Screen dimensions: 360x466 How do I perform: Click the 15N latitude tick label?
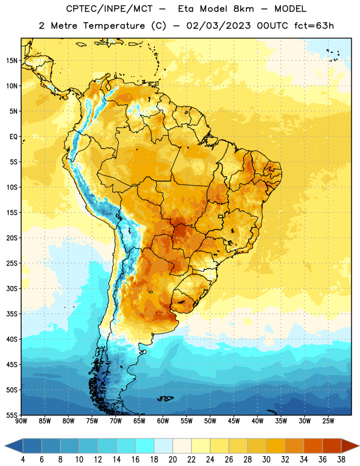pyautogui.click(x=12, y=61)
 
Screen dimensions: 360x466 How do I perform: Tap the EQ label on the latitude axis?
pyautogui.click(x=13, y=137)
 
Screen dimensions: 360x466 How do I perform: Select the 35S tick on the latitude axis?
pyautogui.click(x=12, y=314)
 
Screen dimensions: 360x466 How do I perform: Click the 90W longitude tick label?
pyautogui.click(x=22, y=421)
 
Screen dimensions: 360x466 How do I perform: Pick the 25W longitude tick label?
pyautogui.click(x=328, y=421)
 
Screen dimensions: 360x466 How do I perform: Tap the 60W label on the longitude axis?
pyautogui.click(x=163, y=421)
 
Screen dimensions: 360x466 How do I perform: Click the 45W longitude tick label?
pyautogui.click(x=234, y=421)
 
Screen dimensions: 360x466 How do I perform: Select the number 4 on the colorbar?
pyautogui.click(x=23, y=460)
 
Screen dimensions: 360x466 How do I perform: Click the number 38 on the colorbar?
pyautogui.click(x=341, y=460)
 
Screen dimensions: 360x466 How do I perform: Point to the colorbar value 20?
pyautogui.click(x=172, y=460)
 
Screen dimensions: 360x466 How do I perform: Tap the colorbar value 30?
pyautogui.click(x=266, y=460)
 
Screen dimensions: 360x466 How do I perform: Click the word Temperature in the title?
pyautogui.click(x=114, y=26)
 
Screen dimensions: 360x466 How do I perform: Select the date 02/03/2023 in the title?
pyautogui.click(x=218, y=26)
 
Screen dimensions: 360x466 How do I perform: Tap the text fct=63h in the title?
pyautogui.click(x=314, y=26)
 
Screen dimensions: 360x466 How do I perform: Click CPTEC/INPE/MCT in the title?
pyautogui.click(x=109, y=9)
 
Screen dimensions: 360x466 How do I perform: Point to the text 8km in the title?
pyautogui.click(x=243, y=9)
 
